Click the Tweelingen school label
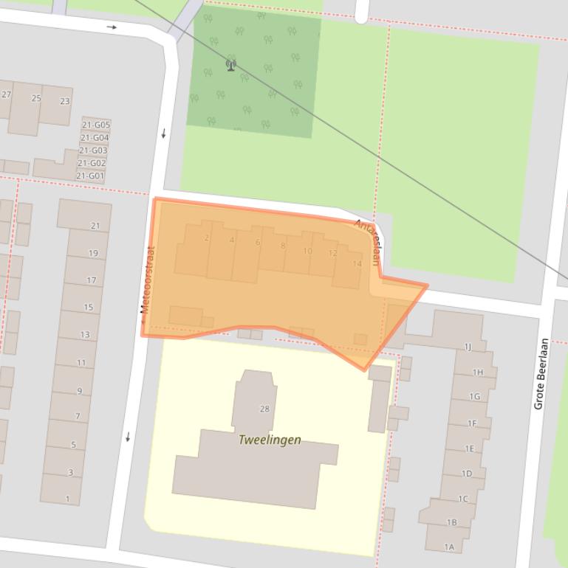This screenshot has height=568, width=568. pos(270,440)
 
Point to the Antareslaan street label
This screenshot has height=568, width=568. pos(368,242)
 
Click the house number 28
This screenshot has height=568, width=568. pos(264,409)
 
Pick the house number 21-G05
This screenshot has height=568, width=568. pos(95,125)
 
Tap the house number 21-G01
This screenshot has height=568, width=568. pos(91,176)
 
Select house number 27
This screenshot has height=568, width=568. pos(7,94)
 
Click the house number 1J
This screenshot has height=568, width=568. pos(468,347)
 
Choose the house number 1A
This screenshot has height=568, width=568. pos(449,547)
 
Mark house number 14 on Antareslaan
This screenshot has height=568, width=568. pos(357,263)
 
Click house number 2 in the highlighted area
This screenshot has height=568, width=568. pos(207,238)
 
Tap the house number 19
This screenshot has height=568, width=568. pos(93,253)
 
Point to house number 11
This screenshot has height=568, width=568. pos(81,362)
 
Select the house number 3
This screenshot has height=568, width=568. pos(70,472)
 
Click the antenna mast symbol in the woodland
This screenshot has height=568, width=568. pos(230,66)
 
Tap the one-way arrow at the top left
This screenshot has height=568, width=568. pos(112,27)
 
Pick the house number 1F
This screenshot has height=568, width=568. pos(472,423)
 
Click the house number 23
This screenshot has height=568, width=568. pos(65,101)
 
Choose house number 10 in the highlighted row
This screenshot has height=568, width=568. pos(307,251)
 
